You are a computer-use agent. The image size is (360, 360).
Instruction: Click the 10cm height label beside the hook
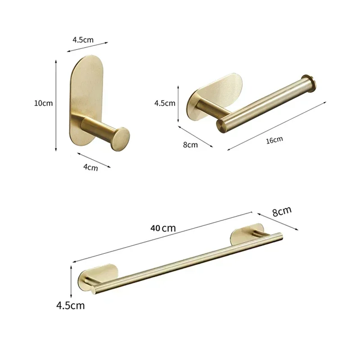click(x=43, y=103)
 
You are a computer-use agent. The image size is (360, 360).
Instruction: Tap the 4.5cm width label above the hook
click(x=83, y=40)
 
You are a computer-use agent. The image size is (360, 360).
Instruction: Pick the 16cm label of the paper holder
click(x=274, y=140)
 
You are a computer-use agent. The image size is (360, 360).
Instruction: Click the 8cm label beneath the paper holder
click(x=190, y=144)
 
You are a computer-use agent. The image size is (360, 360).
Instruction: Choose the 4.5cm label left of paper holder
click(x=165, y=103)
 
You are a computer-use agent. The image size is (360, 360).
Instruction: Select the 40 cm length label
click(x=163, y=228)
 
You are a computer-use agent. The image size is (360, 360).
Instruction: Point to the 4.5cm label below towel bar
click(x=70, y=306)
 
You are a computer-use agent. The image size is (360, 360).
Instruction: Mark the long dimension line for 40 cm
click(x=162, y=237)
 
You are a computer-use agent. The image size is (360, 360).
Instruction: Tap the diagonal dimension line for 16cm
click(x=277, y=126)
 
